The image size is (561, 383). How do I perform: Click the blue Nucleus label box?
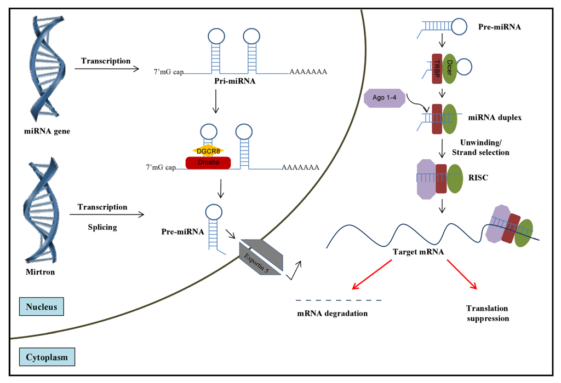tap(42, 306)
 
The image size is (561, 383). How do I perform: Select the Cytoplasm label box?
tap(47, 357)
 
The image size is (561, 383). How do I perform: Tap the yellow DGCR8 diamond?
tap(208, 151)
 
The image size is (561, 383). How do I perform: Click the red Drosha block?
tap(208, 163)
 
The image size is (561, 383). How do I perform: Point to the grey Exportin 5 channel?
tap(261, 257)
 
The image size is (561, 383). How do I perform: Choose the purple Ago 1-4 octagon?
tap(385, 97)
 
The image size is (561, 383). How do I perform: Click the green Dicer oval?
tap(449, 68)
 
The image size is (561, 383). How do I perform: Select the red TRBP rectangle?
tap(437, 68)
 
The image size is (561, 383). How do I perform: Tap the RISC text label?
tap(478, 178)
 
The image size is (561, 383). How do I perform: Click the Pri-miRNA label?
tap(234, 81)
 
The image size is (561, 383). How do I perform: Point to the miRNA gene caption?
tap(47, 131)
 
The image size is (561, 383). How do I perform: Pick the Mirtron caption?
tap(40, 272)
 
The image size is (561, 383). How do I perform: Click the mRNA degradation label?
tap(333, 314)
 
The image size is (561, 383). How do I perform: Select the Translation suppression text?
tap(487, 314)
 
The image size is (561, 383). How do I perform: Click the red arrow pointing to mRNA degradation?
tap(372, 274)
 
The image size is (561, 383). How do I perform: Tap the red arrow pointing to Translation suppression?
tap(462, 274)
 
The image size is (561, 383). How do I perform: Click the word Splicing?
tap(102, 227)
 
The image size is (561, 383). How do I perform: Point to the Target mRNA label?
tap(418, 252)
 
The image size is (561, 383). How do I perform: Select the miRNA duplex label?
tap(495, 118)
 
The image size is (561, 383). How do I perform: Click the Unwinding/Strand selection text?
tap(480, 148)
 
